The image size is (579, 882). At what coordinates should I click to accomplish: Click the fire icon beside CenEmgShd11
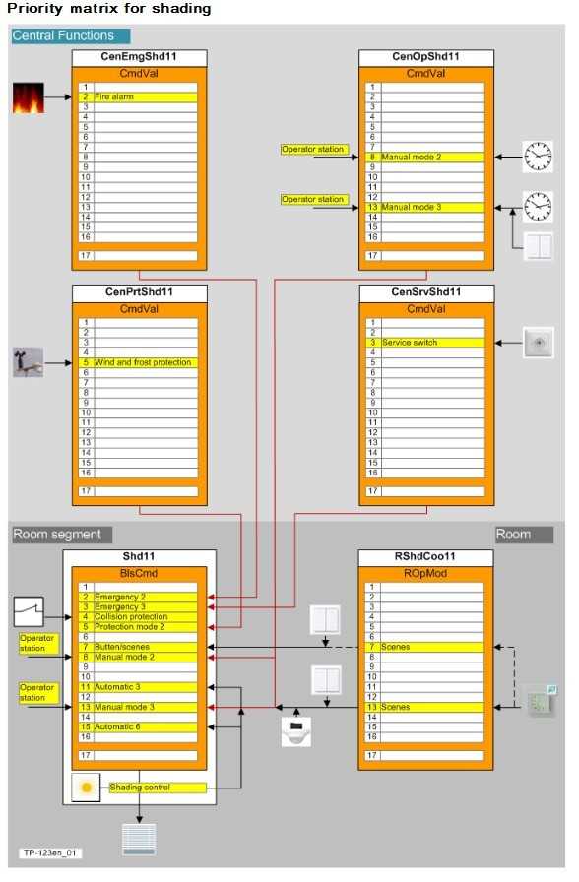pyautogui.click(x=29, y=97)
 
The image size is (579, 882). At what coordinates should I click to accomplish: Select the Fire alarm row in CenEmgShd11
pyautogui.click(x=138, y=96)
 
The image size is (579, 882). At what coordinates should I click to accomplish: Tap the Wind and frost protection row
pyautogui.click(x=138, y=362)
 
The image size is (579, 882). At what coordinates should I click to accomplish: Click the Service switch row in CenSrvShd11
pyautogui.click(x=424, y=342)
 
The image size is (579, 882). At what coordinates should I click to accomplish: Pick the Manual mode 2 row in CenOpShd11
pyautogui.click(x=424, y=157)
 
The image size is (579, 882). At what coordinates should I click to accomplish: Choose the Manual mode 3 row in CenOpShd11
pyautogui.click(x=424, y=207)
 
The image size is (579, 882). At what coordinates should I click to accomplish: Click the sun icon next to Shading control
pyautogui.click(x=86, y=787)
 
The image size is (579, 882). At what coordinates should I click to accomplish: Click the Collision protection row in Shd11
pyautogui.click(x=138, y=616)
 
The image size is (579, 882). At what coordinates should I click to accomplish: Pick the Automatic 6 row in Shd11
pyautogui.click(x=138, y=726)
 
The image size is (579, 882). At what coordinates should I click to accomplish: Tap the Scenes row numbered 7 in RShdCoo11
pyautogui.click(x=424, y=647)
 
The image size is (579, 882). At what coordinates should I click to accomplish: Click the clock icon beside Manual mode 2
pyautogui.click(x=538, y=157)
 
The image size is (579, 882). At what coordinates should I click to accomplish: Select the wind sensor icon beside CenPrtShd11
pyautogui.click(x=29, y=363)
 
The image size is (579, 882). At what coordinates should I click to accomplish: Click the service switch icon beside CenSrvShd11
pyautogui.click(x=539, y=342)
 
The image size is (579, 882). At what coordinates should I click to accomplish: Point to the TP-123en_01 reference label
pyautogui.click(x=49, y=852)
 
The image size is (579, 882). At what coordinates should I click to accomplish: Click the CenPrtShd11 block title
pyautogui.click(x=140, y=292)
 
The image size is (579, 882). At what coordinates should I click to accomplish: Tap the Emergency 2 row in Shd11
pyautogui.click(x=138, y=597)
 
